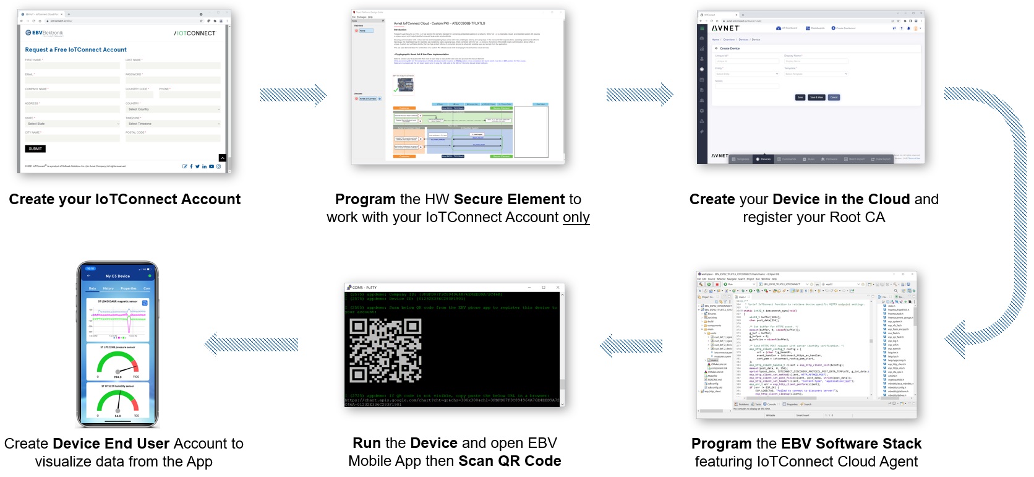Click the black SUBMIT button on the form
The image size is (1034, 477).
pyautogui.click(x=35, y=148)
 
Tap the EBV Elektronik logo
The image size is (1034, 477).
pyautogui.click(x=45, y=33)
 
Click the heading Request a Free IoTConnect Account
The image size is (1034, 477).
pyautogui.click(x=75, y=49)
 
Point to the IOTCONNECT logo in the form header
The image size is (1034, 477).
pyautogui.click(x=195, y=33)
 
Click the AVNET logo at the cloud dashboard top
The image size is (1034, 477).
pyautogui.click(x=725, y=28)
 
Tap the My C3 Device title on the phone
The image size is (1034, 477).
pyautogui.click(x=117, y=276)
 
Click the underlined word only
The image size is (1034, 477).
pyautogui.click(x=576, y=218)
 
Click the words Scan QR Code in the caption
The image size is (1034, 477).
pyautogui.click(x=510, y=462)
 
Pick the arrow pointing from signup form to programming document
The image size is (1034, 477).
pyautogui.click(x=293, y=95)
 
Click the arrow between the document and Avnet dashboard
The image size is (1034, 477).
pyautogui.click(x=639, y=95)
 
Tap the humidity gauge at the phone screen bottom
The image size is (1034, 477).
pyautogui.click(x=117, y=402)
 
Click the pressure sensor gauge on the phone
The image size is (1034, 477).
pyautogui.click(x=117, y=364)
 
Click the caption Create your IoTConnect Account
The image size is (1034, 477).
pyautogui.click(x=124, y=199)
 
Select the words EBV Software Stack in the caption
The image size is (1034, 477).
pyautogui.click(x=851, y=444)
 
